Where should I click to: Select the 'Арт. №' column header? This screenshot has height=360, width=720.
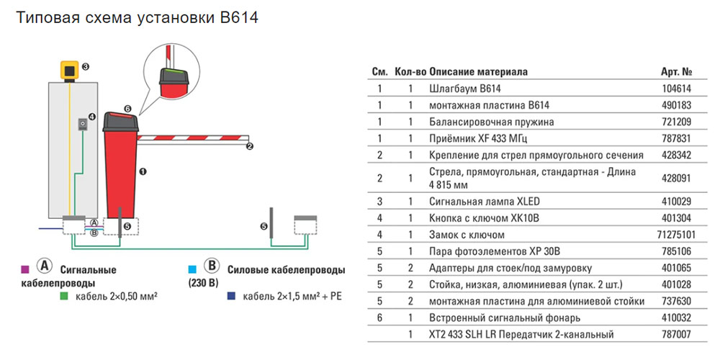point(676,72)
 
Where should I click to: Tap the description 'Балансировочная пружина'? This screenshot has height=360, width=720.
point(482,122)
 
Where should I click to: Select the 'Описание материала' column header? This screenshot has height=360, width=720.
point(478,72)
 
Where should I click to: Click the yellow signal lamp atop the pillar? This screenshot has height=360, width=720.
point(69,71)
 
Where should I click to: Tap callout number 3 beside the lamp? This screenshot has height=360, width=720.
point(85,67)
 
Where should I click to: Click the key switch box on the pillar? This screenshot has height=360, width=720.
point(84,125)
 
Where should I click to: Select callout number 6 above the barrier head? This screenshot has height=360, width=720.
point(127,109)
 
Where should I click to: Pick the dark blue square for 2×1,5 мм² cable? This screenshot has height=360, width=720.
point(230,295)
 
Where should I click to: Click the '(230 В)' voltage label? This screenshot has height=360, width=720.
point(202,282)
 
